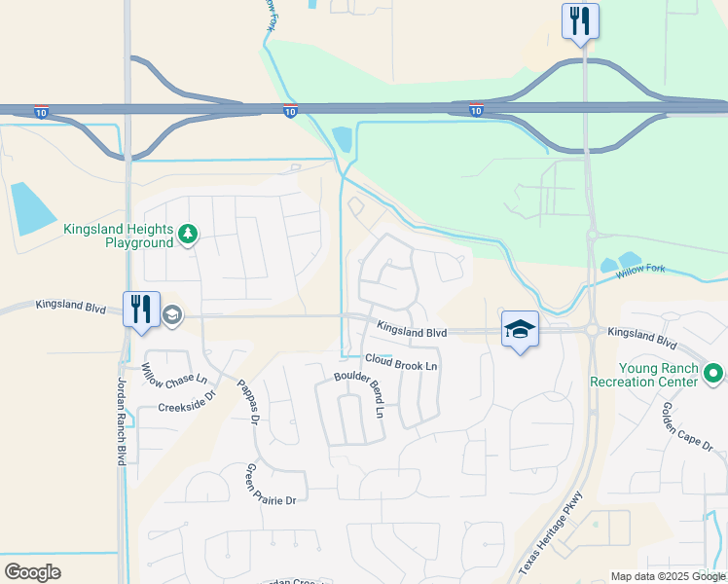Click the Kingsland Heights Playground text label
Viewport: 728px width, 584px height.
119,236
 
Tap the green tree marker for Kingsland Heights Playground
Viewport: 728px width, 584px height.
188,234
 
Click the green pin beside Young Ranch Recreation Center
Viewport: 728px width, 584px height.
712,373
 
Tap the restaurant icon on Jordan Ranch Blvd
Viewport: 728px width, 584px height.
141,310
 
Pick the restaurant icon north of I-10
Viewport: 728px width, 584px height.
580,20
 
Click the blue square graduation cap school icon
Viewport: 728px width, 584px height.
520,329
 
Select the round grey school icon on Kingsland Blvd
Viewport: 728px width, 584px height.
172,313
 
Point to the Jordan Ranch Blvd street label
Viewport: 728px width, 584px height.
123,420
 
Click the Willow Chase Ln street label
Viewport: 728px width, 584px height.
175,374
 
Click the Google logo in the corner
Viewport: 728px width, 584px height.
32,571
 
